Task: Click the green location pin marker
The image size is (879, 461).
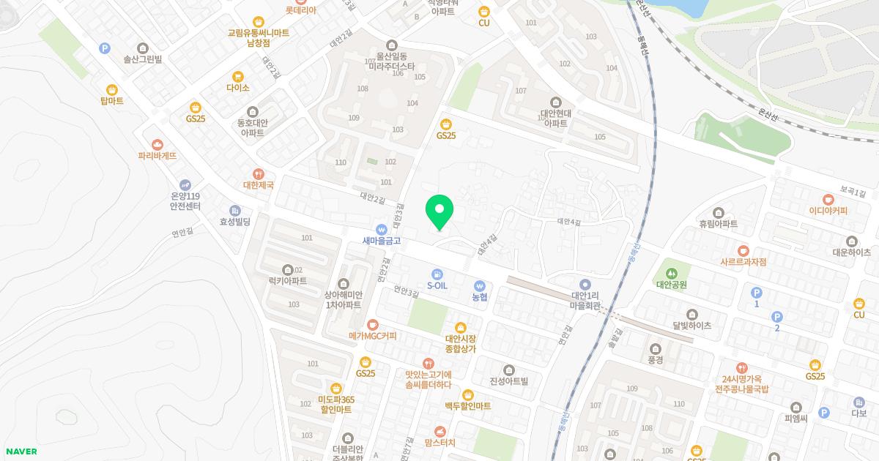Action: click(439, 211)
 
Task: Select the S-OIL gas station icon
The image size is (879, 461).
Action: click(437, 274)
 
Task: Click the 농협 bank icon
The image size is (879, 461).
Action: click(480, 285)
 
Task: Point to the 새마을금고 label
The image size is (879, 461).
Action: click(381, 240)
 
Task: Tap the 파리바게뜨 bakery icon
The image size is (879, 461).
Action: click(157, 144)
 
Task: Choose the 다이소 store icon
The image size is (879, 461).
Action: click(237, 76)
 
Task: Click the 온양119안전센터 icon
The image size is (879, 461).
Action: click(185, 184)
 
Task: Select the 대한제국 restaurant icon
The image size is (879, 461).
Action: click(258, 173)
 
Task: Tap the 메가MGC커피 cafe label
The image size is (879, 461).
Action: click(372, 336)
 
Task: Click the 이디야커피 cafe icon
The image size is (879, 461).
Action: click(828, 198)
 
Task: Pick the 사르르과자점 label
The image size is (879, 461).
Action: click(743, 262)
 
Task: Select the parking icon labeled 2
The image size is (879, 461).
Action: click(777, 316)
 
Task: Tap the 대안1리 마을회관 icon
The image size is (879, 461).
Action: click(585, 284)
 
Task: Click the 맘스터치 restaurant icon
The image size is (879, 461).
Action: click(439, 431)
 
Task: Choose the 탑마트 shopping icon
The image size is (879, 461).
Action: click(111, 89)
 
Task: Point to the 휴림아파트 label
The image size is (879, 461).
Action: click(718, 224)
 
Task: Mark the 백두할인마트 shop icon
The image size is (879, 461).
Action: click(467, 394)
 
